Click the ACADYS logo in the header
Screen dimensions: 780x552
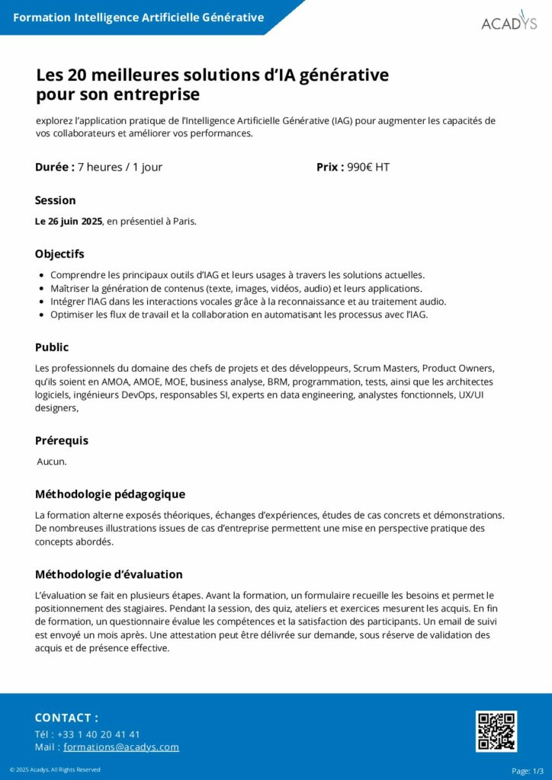click(509, 21)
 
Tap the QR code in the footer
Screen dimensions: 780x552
click(496, 731)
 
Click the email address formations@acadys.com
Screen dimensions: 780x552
click(121, 747)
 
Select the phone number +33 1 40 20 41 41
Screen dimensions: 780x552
click(98, 734)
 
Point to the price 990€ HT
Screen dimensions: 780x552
click(367, 167)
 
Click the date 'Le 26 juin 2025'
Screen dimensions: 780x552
click(69, 222)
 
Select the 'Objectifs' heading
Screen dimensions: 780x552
click(59, 254)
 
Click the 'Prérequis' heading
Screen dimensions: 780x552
click(62, 440)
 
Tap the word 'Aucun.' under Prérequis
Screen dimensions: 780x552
click(52, 462)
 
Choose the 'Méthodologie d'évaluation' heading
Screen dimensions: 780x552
click(109, 574)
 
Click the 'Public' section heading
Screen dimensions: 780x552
click(52, 347)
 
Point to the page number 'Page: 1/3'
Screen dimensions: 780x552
click(527, 771)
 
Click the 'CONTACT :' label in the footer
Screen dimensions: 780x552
click(66, 718)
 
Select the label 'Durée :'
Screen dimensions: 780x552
click(55, 167)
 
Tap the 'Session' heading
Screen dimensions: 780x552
click(56, 200)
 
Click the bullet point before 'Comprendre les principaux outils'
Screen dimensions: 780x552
click(40, 275)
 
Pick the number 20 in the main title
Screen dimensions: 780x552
click(77, 75)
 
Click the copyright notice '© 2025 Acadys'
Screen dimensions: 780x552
click(55, 770)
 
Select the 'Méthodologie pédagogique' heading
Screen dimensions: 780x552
click(110, 494)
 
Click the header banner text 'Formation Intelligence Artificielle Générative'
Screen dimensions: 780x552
click(139, 18)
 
